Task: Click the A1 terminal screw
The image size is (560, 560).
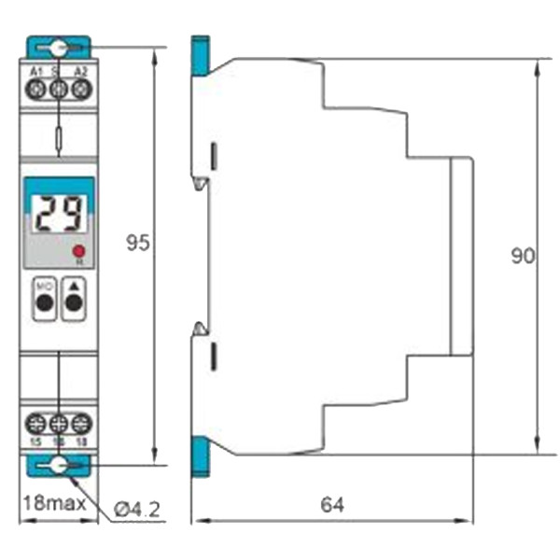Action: coord(37,90)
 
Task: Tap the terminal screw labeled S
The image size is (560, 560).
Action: coord(59,90)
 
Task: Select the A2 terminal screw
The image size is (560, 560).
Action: coord(80,90)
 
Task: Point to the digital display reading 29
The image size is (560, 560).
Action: coord(58,215)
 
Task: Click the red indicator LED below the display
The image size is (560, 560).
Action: coord(79,250)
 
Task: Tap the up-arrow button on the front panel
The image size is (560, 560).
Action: coord(73,298)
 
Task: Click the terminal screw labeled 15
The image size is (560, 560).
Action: coord(37,422)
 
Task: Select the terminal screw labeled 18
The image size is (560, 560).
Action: coord(80,422)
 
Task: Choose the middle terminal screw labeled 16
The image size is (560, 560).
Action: coord(59,422)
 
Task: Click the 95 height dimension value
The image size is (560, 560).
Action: coord(138,244)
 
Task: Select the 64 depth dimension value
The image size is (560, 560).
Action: coord(332,505)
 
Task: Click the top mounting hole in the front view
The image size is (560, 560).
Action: coord(59,48)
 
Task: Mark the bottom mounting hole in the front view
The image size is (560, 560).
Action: coord(59,465)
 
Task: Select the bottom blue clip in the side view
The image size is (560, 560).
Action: coord(198,455)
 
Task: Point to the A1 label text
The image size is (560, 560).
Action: coord(36,71)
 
